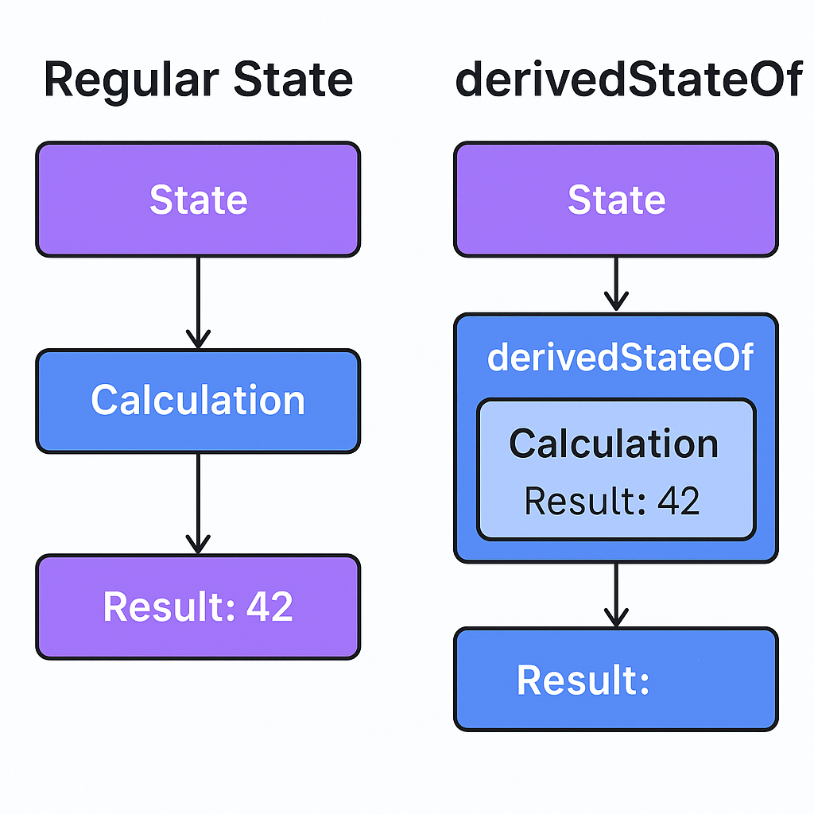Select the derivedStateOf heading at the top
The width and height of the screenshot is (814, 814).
[x=628, y=79]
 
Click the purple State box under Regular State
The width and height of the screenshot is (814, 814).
[x=198, y=200]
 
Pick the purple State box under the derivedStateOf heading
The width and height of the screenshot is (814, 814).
[x=616, y=200]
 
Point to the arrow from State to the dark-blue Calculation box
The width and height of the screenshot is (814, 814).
[x=198, y=302]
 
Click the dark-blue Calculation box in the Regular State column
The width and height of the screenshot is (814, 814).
[x=198, y=401]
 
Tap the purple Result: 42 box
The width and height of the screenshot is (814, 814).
[x=198, y=607]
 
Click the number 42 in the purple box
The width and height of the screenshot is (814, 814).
[x=269, y=607]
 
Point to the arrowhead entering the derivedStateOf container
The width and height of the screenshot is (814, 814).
[x=616, y=302]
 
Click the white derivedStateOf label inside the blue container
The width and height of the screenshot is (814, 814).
[x=620, y=358]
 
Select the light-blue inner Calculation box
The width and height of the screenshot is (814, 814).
[x=616, y=470]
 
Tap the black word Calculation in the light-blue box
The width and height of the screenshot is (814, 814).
[x=614, y=443]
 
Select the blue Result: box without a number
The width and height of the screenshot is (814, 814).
[x=616, y=679]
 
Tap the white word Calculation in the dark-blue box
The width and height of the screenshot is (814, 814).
[x=198, y=400]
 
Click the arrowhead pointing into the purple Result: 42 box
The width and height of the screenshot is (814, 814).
[x=198, y=545]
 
